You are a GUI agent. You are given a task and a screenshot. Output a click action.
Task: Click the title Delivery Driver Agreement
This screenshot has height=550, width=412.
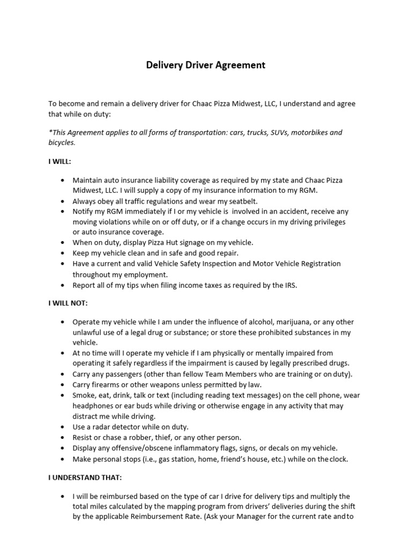pyautogui.click(x=206, y=66)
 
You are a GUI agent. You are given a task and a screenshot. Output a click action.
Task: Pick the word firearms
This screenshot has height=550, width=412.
pyautogui.click(x=108, y=385)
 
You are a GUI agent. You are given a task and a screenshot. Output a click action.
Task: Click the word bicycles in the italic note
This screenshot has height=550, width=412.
pyautogui.click(x=62, y=143)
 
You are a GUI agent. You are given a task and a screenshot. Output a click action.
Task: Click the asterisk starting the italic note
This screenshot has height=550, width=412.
pyautogui.click(x=50, y=132)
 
